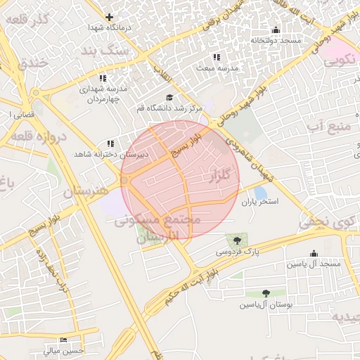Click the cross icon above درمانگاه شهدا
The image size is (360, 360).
click(x=109, y=17)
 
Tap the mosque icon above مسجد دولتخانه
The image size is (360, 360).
click(x=276, y=30)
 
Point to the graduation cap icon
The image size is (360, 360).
click(x=169, y=98)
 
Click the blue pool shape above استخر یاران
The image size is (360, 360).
click(x=260, y=193)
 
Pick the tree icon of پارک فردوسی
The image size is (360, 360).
click(x=236, y=241)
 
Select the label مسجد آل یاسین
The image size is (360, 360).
click(x=313, y=264)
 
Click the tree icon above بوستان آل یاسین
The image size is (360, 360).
click(x=266, y=293)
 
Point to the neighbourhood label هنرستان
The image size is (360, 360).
click(x=86, y=191)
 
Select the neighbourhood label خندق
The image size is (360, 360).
click(x=29, y=63)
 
